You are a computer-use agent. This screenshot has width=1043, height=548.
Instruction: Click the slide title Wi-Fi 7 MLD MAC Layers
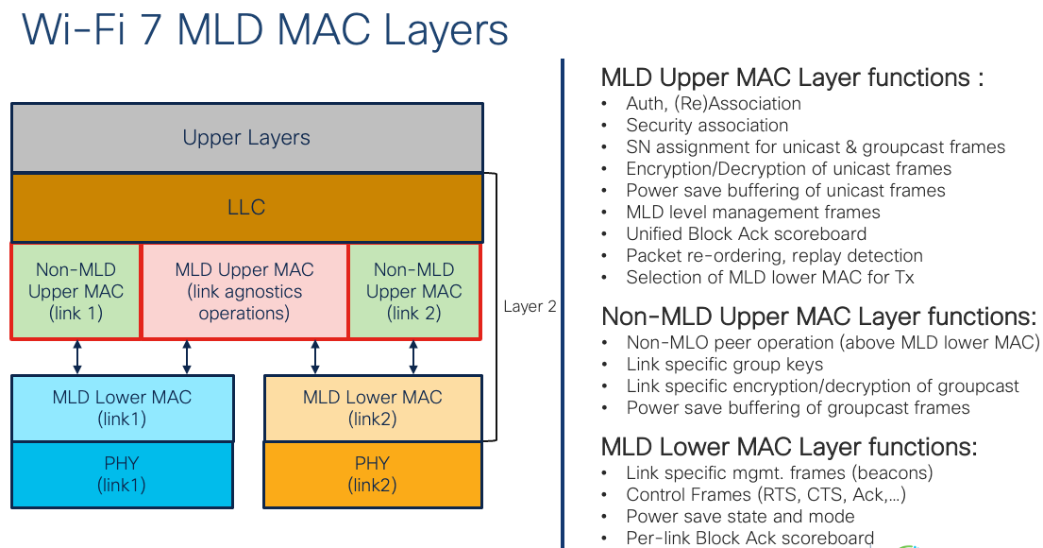265,29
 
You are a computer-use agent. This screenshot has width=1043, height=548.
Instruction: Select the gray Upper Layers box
246,138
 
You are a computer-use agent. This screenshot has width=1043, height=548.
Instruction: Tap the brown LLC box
246,207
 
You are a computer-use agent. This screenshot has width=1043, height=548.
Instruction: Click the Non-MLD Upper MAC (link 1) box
76,291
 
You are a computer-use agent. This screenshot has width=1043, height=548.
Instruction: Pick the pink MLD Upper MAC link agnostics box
244,291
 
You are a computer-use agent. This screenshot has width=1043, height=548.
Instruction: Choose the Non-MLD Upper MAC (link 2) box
414,291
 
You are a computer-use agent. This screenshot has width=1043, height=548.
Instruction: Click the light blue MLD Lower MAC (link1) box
121,407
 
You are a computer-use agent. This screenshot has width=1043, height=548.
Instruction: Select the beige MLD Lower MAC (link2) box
372,407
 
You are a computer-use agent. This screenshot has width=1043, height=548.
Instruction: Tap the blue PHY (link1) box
121,474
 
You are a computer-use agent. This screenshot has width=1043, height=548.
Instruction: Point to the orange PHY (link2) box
372,474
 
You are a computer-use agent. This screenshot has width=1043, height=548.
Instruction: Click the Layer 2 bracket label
530,306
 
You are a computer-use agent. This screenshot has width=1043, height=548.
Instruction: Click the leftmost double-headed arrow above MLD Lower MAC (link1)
78,356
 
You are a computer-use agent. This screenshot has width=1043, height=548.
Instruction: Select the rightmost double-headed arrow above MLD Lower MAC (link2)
412,356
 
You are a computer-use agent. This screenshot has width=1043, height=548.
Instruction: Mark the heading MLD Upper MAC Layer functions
792,77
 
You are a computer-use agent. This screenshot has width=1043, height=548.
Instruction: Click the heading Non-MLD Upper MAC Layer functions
818,316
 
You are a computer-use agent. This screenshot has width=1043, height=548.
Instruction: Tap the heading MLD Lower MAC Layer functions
789,446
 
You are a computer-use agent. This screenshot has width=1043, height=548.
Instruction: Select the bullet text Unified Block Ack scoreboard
746,233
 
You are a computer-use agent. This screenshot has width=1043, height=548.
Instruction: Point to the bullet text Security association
707,125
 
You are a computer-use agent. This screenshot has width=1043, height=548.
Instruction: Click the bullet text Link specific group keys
724,364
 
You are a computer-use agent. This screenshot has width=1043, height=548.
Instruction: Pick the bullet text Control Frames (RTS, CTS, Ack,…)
766,494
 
